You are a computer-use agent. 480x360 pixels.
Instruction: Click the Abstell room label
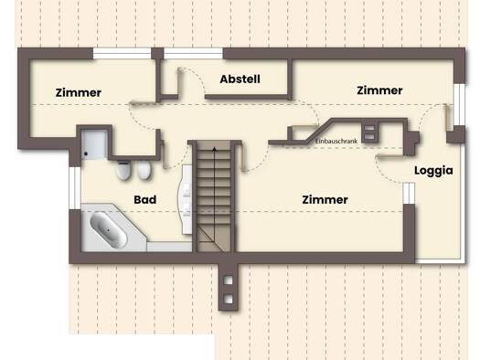coord(240,79)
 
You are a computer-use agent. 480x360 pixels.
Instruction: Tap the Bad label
coord(145,200)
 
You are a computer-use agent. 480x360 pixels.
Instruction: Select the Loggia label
coord(433,171)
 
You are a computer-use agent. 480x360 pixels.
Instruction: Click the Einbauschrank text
coord(336,142)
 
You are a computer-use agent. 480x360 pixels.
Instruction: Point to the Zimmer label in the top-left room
coord(79,92)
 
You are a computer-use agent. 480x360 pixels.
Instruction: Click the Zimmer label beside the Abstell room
coord(379,90)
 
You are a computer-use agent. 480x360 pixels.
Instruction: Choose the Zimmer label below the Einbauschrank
coord(325,200)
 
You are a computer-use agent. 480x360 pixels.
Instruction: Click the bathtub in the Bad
coord(109,229)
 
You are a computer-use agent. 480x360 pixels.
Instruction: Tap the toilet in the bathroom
coord(123,170)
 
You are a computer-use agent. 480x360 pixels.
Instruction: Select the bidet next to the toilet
coord(144,170)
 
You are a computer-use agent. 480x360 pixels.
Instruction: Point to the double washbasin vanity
coord(186,199)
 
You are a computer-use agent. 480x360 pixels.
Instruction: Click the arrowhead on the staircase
coord(215,149)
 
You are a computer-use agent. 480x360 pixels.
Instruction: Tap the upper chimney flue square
coord(228,281)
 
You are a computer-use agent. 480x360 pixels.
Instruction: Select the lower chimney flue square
coord(228,299)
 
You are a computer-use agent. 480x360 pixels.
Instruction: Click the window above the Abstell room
coord(194,54)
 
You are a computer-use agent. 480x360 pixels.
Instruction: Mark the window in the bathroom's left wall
coord(75,188)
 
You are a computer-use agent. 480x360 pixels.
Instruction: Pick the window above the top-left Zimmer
coord(123,54)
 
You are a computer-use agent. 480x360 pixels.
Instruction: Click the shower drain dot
coord(86,154)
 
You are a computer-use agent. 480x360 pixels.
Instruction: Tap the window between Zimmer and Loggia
coord(409,194)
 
